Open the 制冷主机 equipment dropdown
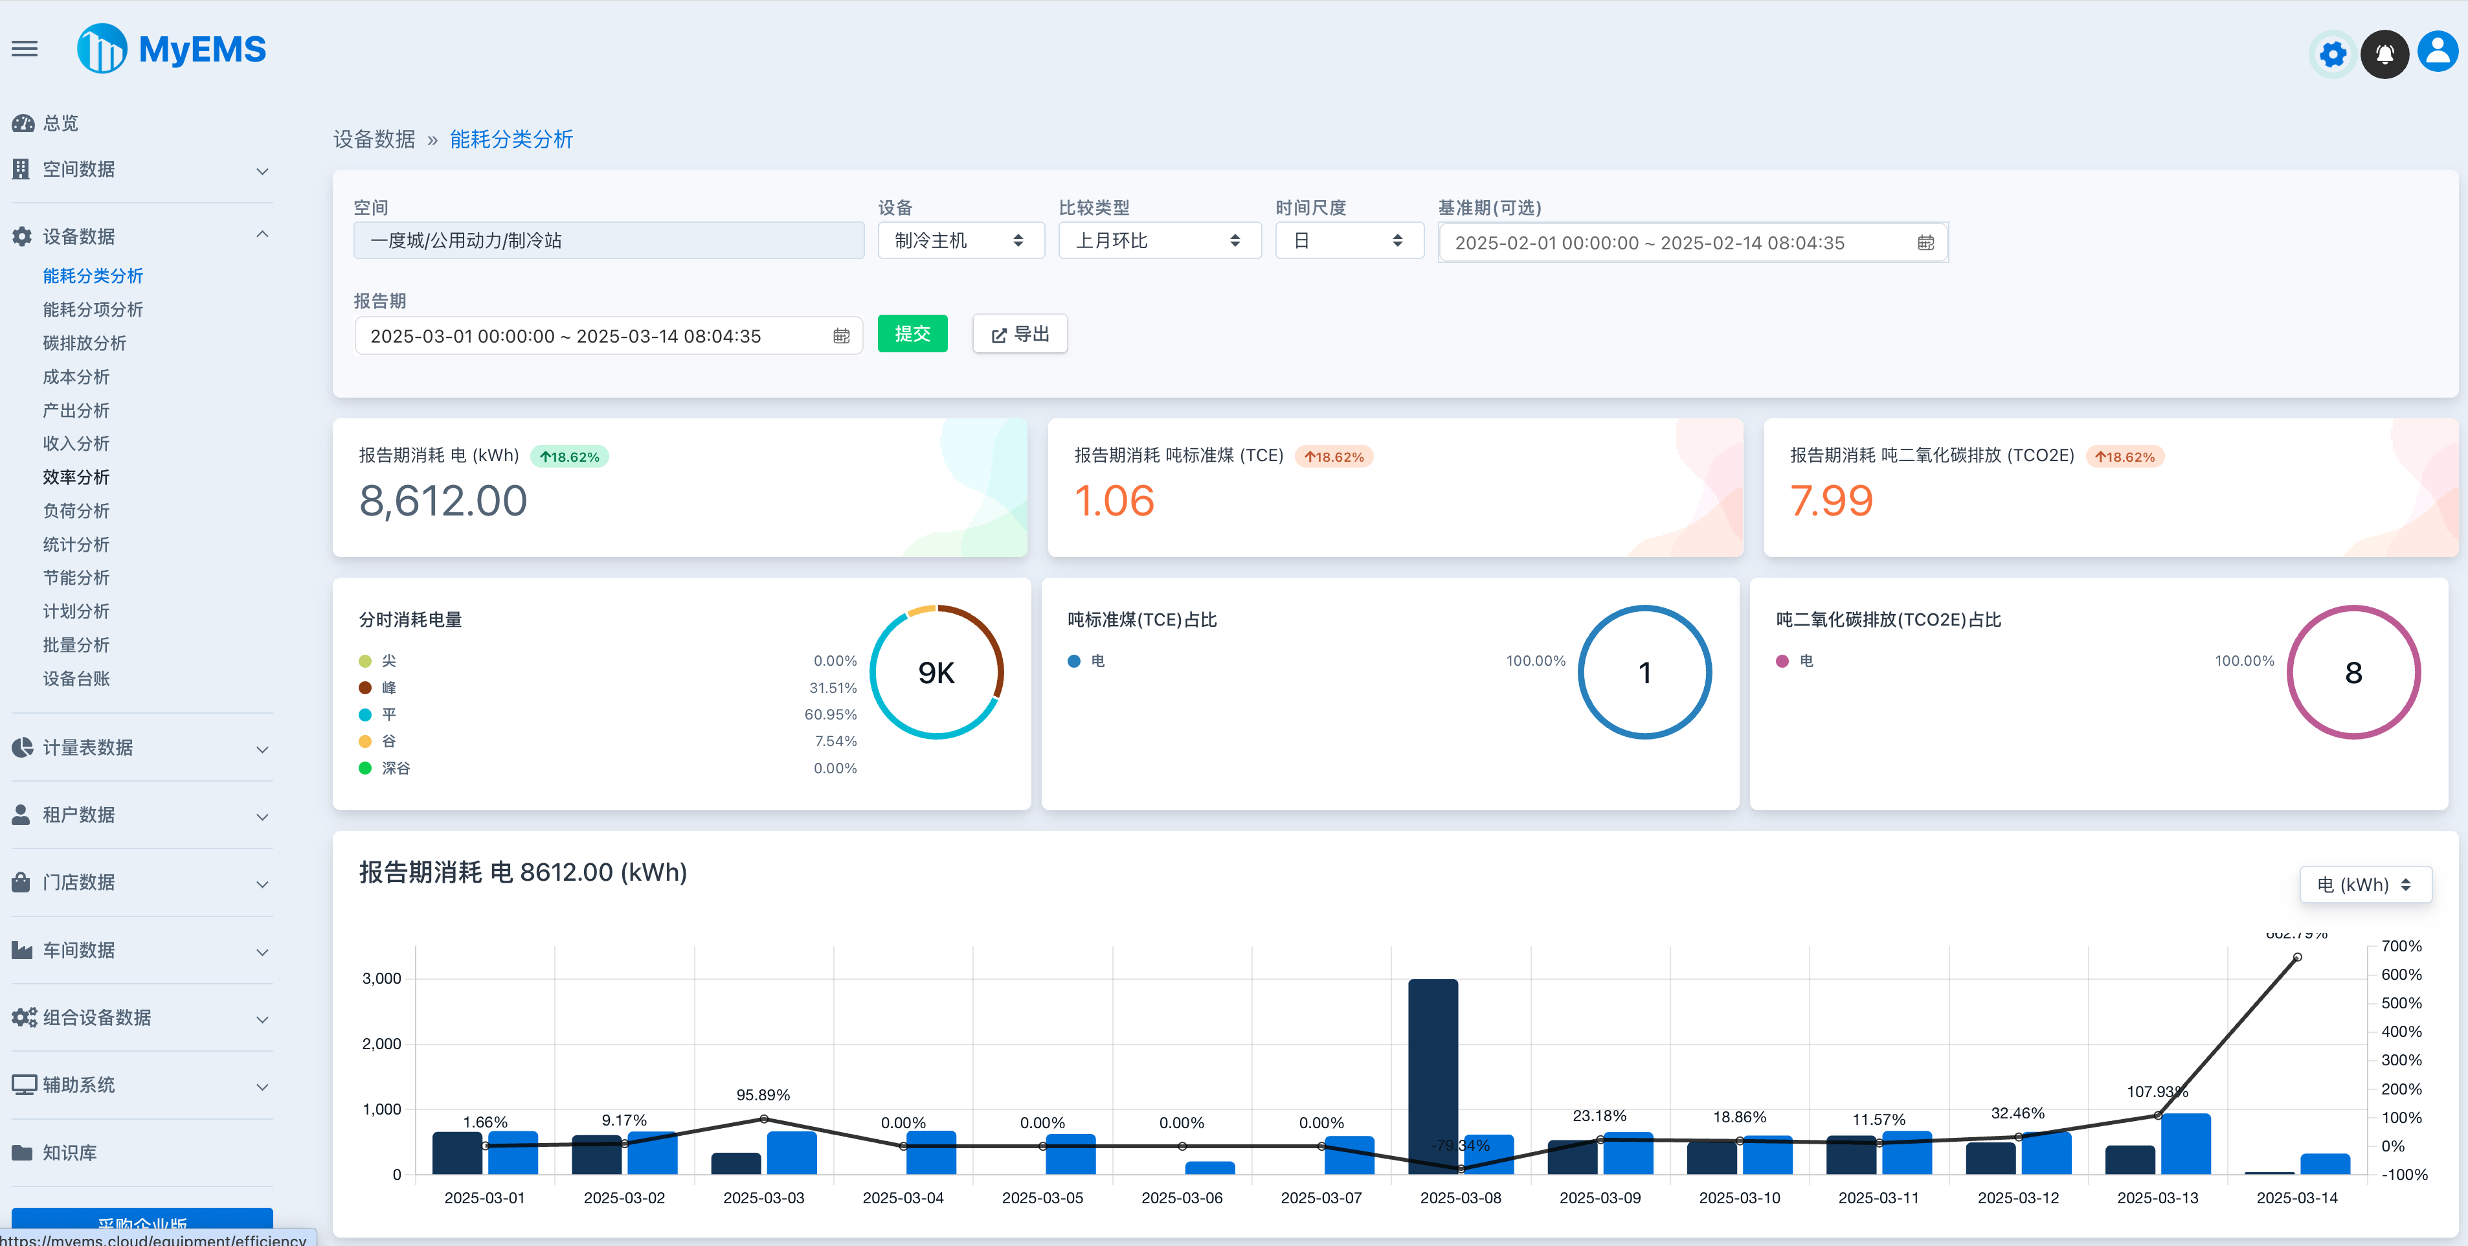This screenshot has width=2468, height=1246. coord(960,240)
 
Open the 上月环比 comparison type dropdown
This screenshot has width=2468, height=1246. coord(1158,240)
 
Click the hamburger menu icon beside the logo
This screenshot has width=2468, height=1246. coord(25,49)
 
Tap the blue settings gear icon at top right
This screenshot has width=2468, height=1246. coord(2332,54)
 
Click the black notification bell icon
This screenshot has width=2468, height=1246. coord(2384,54)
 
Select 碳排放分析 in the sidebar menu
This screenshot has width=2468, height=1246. coord(84,343)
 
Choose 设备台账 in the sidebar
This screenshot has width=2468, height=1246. coord(76,679)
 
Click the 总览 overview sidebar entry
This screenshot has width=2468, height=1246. coord(60,122)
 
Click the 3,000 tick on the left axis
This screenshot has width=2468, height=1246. coord(381,979)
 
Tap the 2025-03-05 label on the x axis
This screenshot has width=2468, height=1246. coord(1042,1198)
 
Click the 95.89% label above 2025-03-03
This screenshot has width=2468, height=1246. coord(763,1094)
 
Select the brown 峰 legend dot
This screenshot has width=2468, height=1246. coord(365,687)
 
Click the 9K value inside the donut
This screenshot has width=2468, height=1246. coord(936,673)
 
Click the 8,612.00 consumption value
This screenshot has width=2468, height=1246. coord(443,501)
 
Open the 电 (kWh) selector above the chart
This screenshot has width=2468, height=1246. coord(2364,885)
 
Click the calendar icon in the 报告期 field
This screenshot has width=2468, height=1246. coord(841,336)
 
